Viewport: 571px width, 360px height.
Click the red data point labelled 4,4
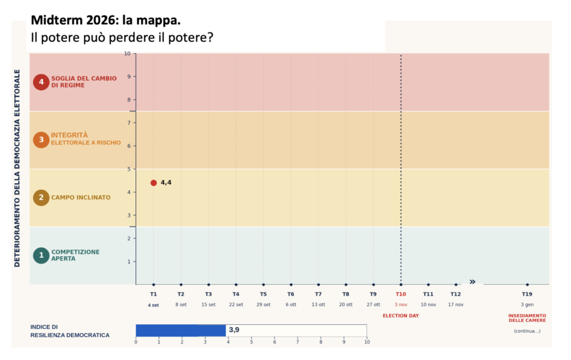[154, 183]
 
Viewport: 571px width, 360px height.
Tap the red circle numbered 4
[41, 82]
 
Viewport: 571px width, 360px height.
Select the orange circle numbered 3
[41, 140]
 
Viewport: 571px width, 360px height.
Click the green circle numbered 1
[41, 255]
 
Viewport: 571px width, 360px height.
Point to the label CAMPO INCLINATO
[81, 197]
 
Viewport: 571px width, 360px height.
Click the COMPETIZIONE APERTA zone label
[75, 255]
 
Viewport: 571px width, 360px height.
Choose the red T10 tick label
[400, 294]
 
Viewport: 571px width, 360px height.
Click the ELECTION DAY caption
[400, 315]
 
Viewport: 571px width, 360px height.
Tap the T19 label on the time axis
[527, 294]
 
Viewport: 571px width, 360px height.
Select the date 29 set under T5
[263, 304]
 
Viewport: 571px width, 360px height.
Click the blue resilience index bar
[181, 330]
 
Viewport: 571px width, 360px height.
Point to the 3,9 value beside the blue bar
[234, 330]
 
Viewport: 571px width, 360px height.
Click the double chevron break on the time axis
[472, 282]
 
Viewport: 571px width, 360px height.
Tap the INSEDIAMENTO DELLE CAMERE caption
[527, 318]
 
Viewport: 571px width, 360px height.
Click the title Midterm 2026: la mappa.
[105, 21]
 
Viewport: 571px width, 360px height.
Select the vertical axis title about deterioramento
[17, 168]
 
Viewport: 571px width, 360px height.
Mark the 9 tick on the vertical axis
[129, 76]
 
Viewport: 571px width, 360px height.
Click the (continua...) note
[527, 331]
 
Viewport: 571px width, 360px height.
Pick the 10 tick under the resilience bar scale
[367, 342]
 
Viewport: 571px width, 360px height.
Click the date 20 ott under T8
[346, 304]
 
